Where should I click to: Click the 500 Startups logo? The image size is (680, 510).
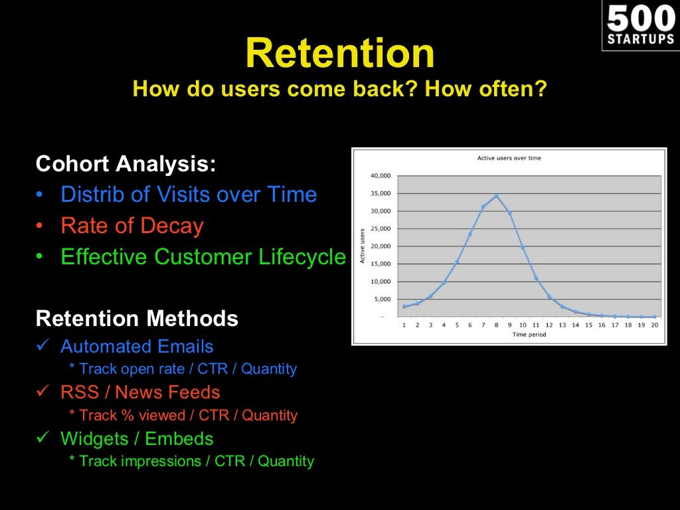[641, 25]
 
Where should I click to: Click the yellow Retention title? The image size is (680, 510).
[340, 53]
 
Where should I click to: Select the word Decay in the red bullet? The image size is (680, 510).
[172, 226]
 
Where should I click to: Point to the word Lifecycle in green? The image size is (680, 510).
[302, 257]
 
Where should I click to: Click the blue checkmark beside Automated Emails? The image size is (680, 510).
[43, 345]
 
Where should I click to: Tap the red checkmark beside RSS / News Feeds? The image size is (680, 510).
[43, 390]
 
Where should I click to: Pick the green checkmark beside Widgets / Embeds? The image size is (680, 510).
[43, 437]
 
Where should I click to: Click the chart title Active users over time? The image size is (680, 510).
[509, 158]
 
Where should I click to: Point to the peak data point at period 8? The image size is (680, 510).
[497, 196]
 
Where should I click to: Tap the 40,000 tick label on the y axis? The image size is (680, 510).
[381, 175]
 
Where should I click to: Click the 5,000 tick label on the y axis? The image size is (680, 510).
[382, 299]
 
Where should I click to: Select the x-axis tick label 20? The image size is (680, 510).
[654, 325]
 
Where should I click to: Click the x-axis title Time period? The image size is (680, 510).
[529, 335]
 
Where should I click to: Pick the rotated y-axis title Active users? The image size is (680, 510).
[363, 246]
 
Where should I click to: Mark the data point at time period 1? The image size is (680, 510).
[404, 307]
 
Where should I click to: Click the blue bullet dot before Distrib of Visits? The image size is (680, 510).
[39, 195]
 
